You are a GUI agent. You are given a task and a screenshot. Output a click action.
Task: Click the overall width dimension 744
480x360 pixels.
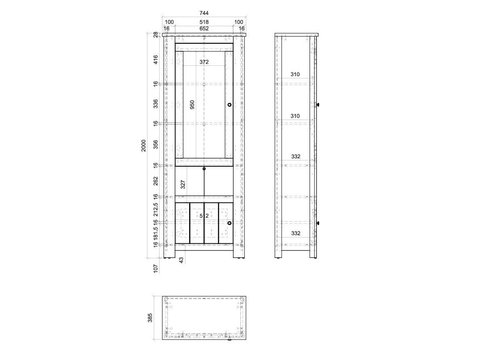[204, 13]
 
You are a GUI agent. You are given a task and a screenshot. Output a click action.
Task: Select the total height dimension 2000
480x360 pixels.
[144, 145]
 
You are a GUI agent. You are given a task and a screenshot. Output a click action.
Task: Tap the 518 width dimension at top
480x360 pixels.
[204, 22]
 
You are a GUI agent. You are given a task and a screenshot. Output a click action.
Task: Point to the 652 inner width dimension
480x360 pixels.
[204, 28]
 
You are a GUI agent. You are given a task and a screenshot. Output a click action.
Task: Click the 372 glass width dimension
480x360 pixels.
[204, 62]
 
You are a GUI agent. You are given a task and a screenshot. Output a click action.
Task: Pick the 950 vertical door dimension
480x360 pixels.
[192, 105]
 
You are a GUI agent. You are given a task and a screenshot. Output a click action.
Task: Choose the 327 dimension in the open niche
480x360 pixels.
[183, 184]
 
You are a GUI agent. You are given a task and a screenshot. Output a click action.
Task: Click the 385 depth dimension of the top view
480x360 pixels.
[150, 318]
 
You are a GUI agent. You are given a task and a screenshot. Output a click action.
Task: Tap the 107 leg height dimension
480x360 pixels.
[155, 268]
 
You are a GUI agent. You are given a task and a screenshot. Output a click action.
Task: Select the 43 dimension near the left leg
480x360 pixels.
[181, 260]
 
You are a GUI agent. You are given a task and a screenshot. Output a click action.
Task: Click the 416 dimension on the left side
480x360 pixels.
[155, 60]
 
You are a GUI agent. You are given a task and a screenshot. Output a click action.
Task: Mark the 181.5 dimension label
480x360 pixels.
[155, 233]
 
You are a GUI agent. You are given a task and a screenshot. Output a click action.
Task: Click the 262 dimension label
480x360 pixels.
[155, 181]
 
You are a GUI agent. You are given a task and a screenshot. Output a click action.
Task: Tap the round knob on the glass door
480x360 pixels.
[229, 105]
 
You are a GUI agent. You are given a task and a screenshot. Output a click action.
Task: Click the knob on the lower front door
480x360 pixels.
[229, 223]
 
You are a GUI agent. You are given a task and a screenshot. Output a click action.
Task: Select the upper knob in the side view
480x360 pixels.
[318, 105]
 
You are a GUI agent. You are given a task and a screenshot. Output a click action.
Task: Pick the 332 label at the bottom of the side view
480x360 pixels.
[296, 233]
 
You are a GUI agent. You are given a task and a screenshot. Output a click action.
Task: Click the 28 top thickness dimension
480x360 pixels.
[155, 35]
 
